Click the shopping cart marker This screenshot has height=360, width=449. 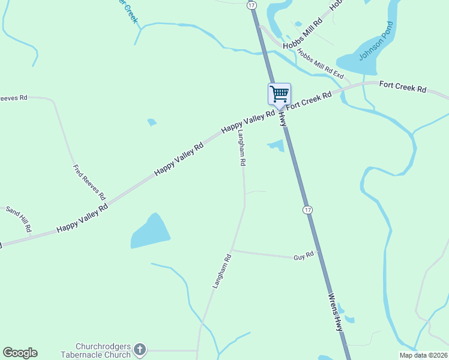tap(279, 94)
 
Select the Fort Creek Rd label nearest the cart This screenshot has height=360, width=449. tap(309, 100)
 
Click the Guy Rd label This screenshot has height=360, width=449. tap(304, 256)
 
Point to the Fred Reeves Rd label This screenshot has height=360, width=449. tap(89, 182)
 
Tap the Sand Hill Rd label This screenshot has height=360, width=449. tap(19, 220)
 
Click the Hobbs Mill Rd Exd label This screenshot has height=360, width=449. tap(320, 64)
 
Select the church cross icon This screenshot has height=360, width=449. tap(139, 349)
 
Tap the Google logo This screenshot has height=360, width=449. tap(20, 353)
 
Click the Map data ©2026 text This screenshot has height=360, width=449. tap(423, 355)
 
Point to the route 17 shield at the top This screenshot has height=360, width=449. tap(252, 5)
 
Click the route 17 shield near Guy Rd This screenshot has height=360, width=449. tap(307, 209)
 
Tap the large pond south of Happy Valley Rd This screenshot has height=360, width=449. tap(149, 232)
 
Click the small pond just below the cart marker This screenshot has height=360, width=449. tap(276, 145)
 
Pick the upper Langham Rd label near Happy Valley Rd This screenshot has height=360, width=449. tap(241, 148)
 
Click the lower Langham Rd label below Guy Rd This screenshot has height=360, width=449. tap(221, 272)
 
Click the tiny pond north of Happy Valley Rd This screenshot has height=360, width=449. tap(152, 122)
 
